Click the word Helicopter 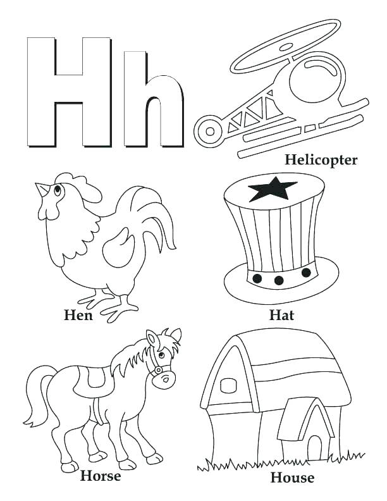click(321, 159)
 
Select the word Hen click(78, 314)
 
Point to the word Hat click(281, 314)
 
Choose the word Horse click(101, 476)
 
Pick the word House click(292, 477)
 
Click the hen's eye click(58, 189)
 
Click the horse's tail click(37, 395)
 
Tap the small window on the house click(227, 387)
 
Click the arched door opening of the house click(314, 447)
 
